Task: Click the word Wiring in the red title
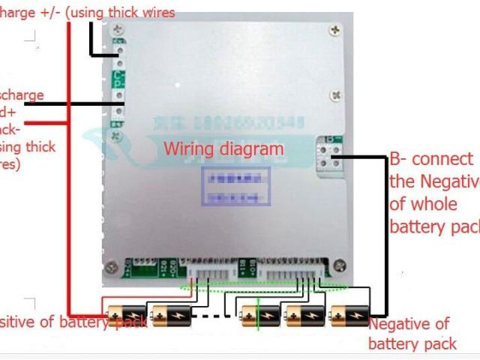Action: pyautogui.click(x=190, y=148)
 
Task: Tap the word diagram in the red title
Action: pyautogui.click(x=251, y=148)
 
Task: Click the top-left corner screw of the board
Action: pyautogui.click(x=116, y=30)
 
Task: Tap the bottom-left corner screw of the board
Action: pyautogui.click(x=110, y=267)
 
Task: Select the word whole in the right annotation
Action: pyautogui.click(x=412, y=204)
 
